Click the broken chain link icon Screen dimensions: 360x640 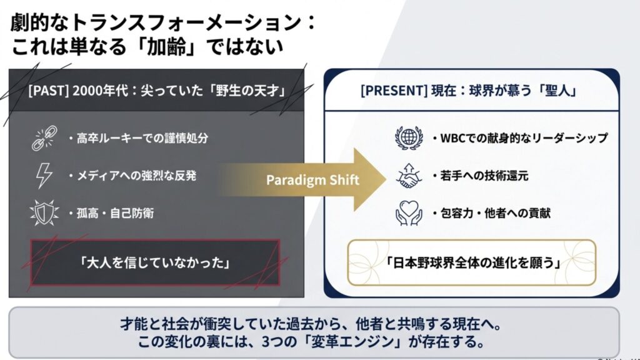pyautogui.click(x=43, y=139)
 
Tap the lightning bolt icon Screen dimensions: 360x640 pyautogui.click(x=43, y=176)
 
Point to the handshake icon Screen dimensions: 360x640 pyautogui.click(x=409, y=176)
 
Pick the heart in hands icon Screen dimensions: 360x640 pyautogui.click(x=409, y=213)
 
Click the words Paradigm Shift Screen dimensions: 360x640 pyautogui.click(x=312, y=180)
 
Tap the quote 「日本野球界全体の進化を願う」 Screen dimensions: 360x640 pyautogui.click(x=472, y=262)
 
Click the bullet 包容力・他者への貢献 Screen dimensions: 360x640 pyautogui.click(x=499, y=213)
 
